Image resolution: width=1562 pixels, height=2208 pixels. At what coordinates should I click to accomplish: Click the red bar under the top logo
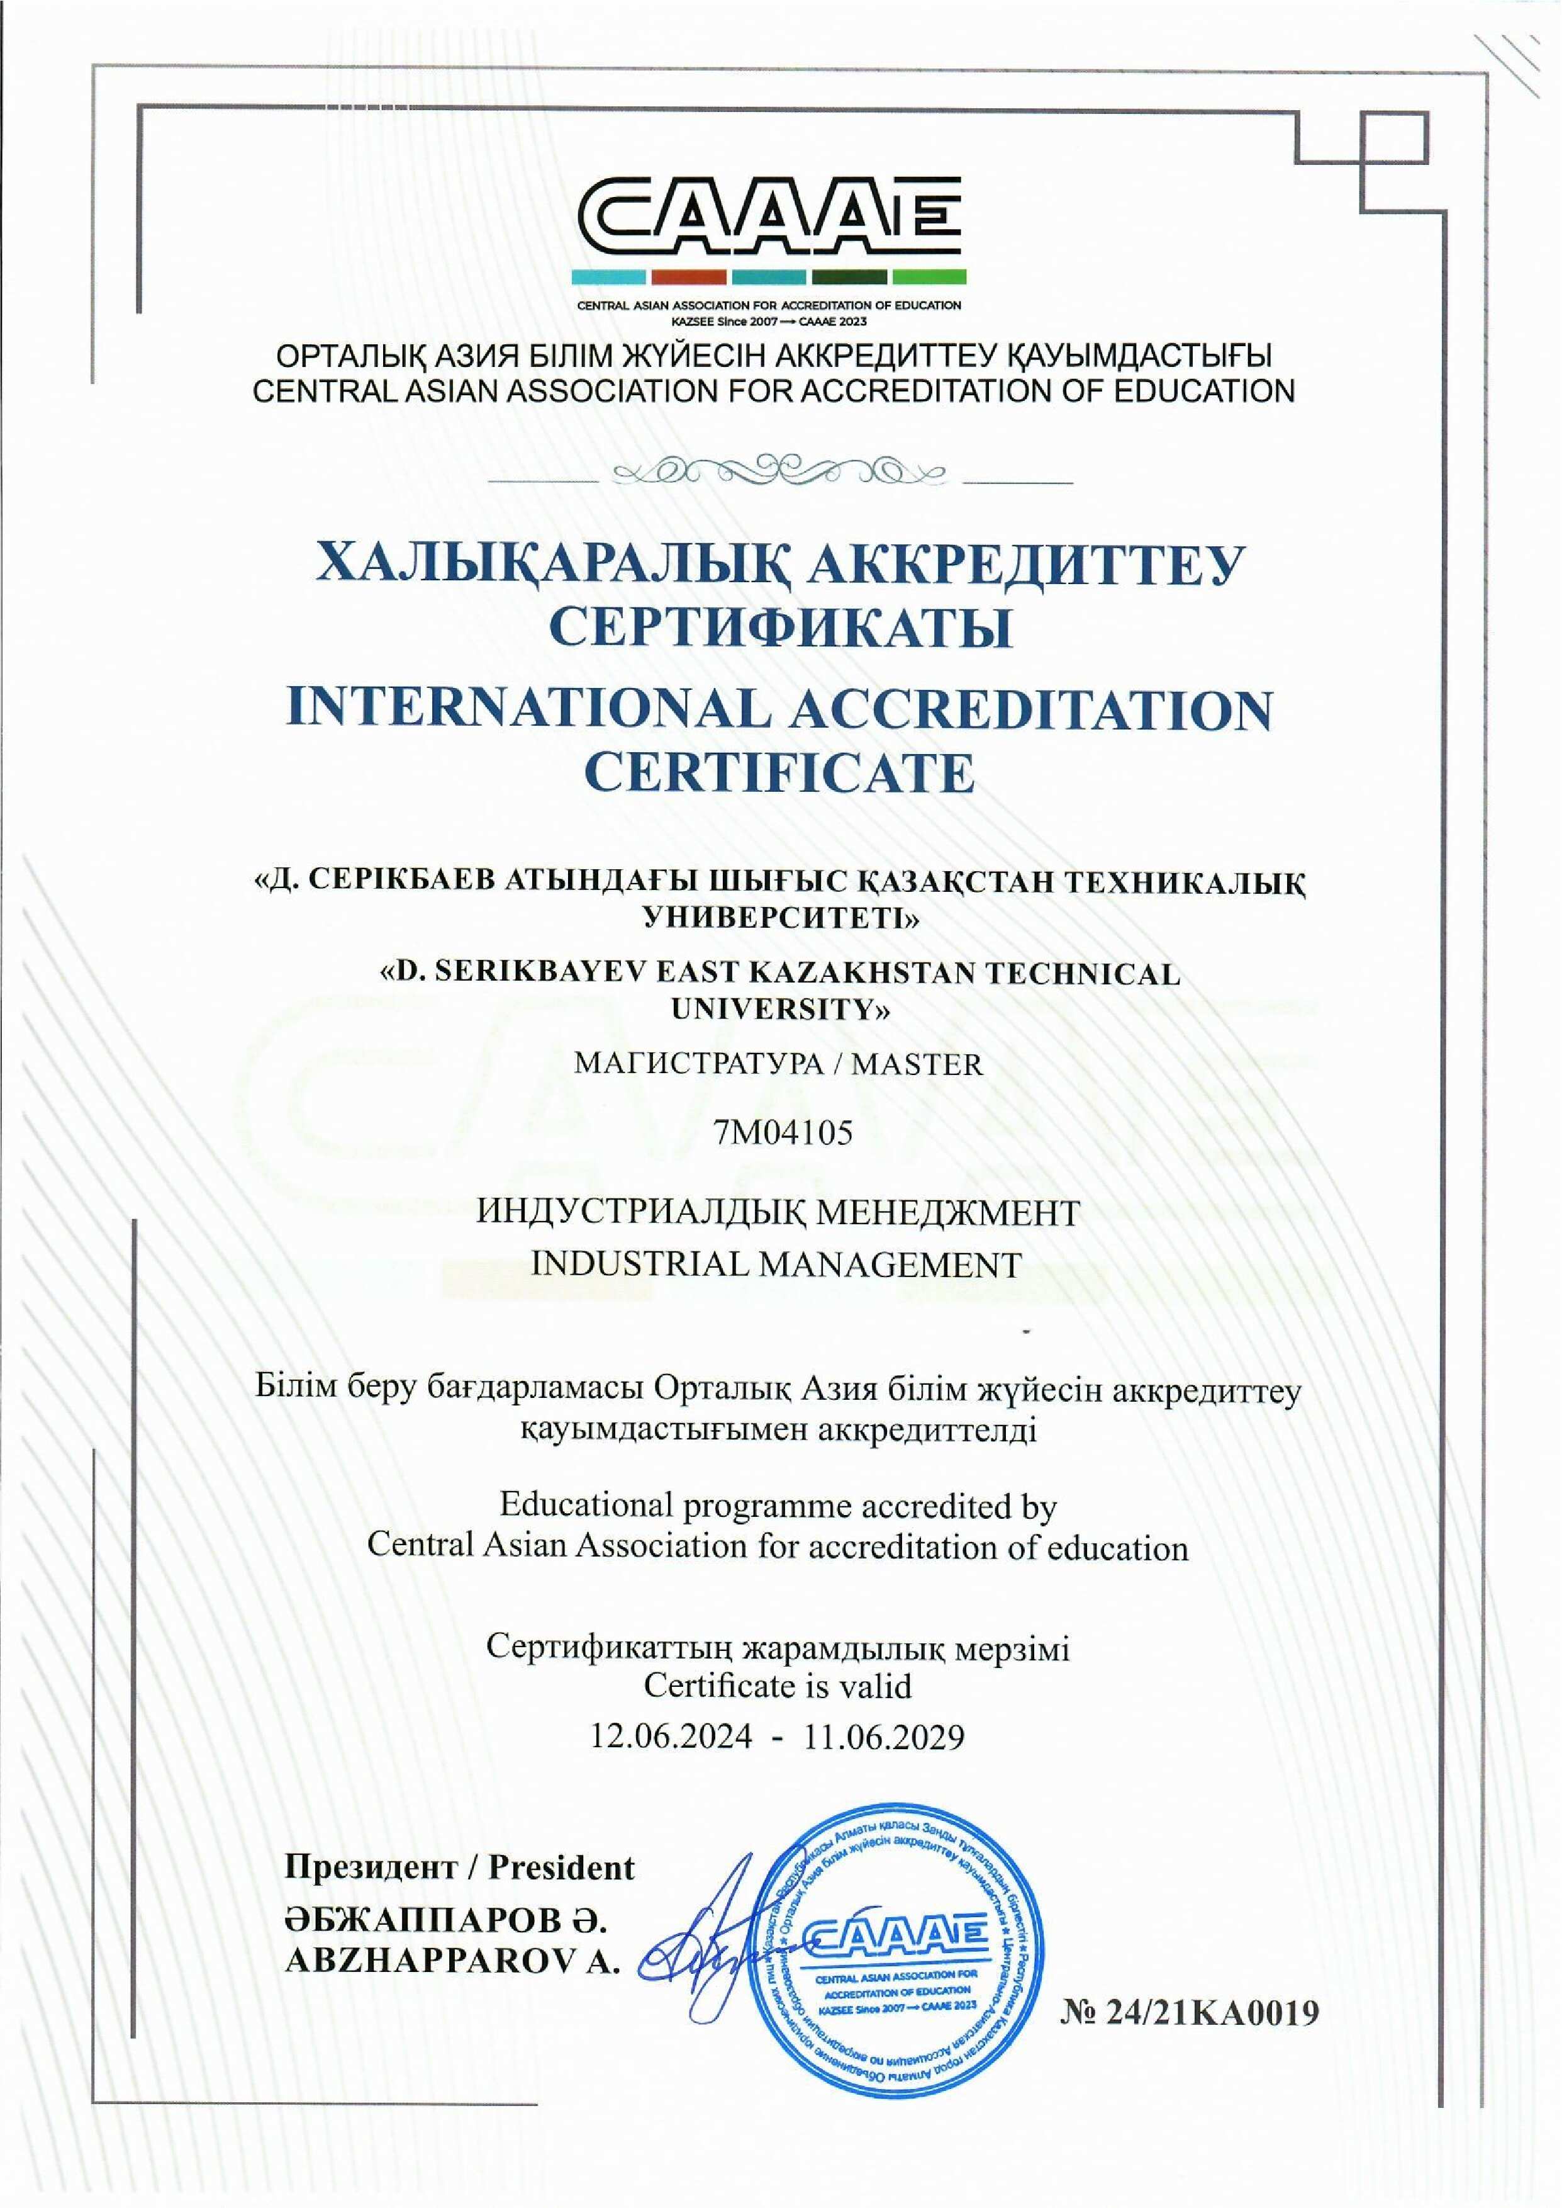coord(689,276)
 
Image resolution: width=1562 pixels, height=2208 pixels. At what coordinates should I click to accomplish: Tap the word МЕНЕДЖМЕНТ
coord(947,1213)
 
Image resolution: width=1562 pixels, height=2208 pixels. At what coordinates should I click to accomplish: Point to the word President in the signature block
coord(562,1867)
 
